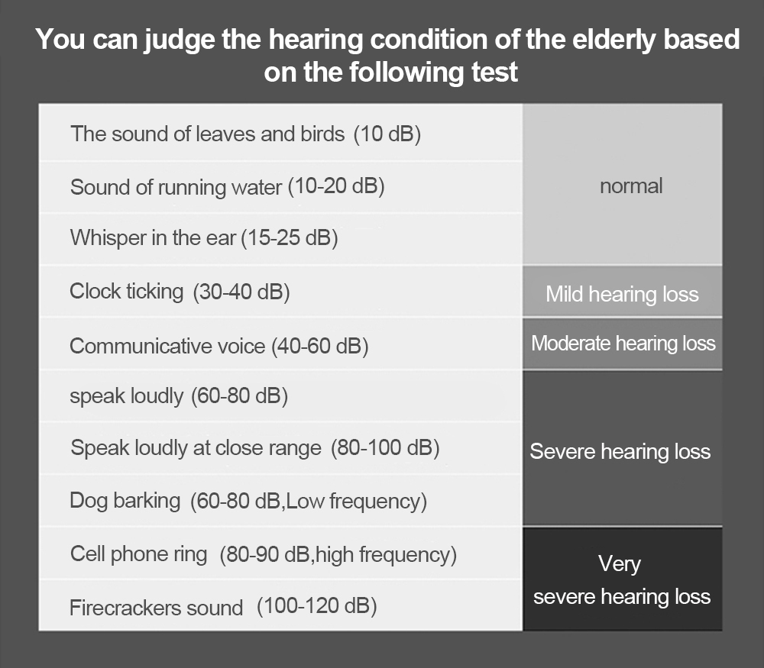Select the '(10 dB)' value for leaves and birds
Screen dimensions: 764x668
(387, 134)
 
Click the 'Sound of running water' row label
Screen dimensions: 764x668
(176, 187)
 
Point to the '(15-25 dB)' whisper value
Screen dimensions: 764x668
(290, 238)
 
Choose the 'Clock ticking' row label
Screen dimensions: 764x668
(127, 291)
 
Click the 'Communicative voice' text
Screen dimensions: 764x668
(167, 346)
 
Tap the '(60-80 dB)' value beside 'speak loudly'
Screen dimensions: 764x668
(239, 395)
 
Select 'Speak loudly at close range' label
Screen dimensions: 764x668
(196, 448)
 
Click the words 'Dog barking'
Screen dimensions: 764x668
(125, 501)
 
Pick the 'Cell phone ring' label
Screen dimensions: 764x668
(139, 554)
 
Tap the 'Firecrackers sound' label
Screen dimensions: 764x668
(157, 608)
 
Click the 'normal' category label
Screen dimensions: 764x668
(631, 186)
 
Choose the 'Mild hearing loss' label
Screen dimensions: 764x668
(622, 294)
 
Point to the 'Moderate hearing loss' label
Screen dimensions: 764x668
(623, 344)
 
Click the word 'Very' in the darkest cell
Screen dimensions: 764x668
(620, 565)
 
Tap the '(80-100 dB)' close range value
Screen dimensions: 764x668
(385, 448)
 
